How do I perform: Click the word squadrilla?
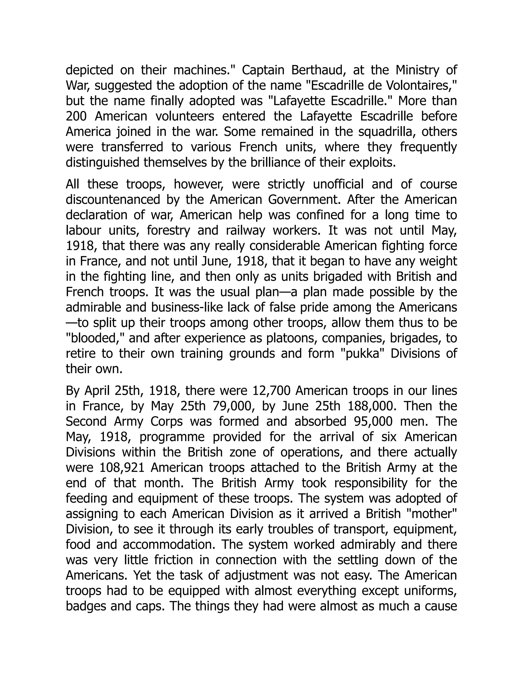tap(386, 132)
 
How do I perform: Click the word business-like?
tap(187, 308)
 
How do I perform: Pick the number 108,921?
tap(122, 468)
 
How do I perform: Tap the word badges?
tap(86, 606)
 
